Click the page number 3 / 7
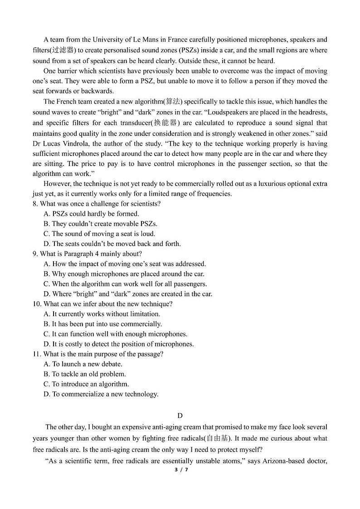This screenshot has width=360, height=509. pos(180,470)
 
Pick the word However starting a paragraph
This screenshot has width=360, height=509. pos(58,183)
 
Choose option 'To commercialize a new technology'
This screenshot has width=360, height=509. pos(105,394)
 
